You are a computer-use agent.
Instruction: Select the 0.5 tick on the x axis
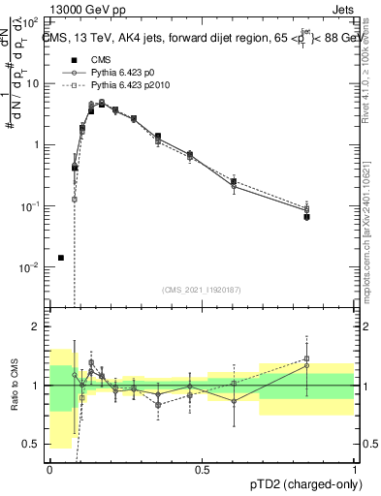(x=202, y=469)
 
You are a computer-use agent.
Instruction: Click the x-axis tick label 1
(x=355, y=469)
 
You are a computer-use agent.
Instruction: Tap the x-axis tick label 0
(x=49, y=469)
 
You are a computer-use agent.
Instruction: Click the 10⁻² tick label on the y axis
(x=33, y=266)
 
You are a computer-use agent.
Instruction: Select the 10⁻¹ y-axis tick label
(x=33, y=205)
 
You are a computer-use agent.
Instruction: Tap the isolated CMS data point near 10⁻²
(x=61, y=258)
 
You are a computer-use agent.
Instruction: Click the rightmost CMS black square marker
(x=306, y=217)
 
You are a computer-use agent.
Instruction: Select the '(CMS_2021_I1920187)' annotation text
(x=202, y=290)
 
